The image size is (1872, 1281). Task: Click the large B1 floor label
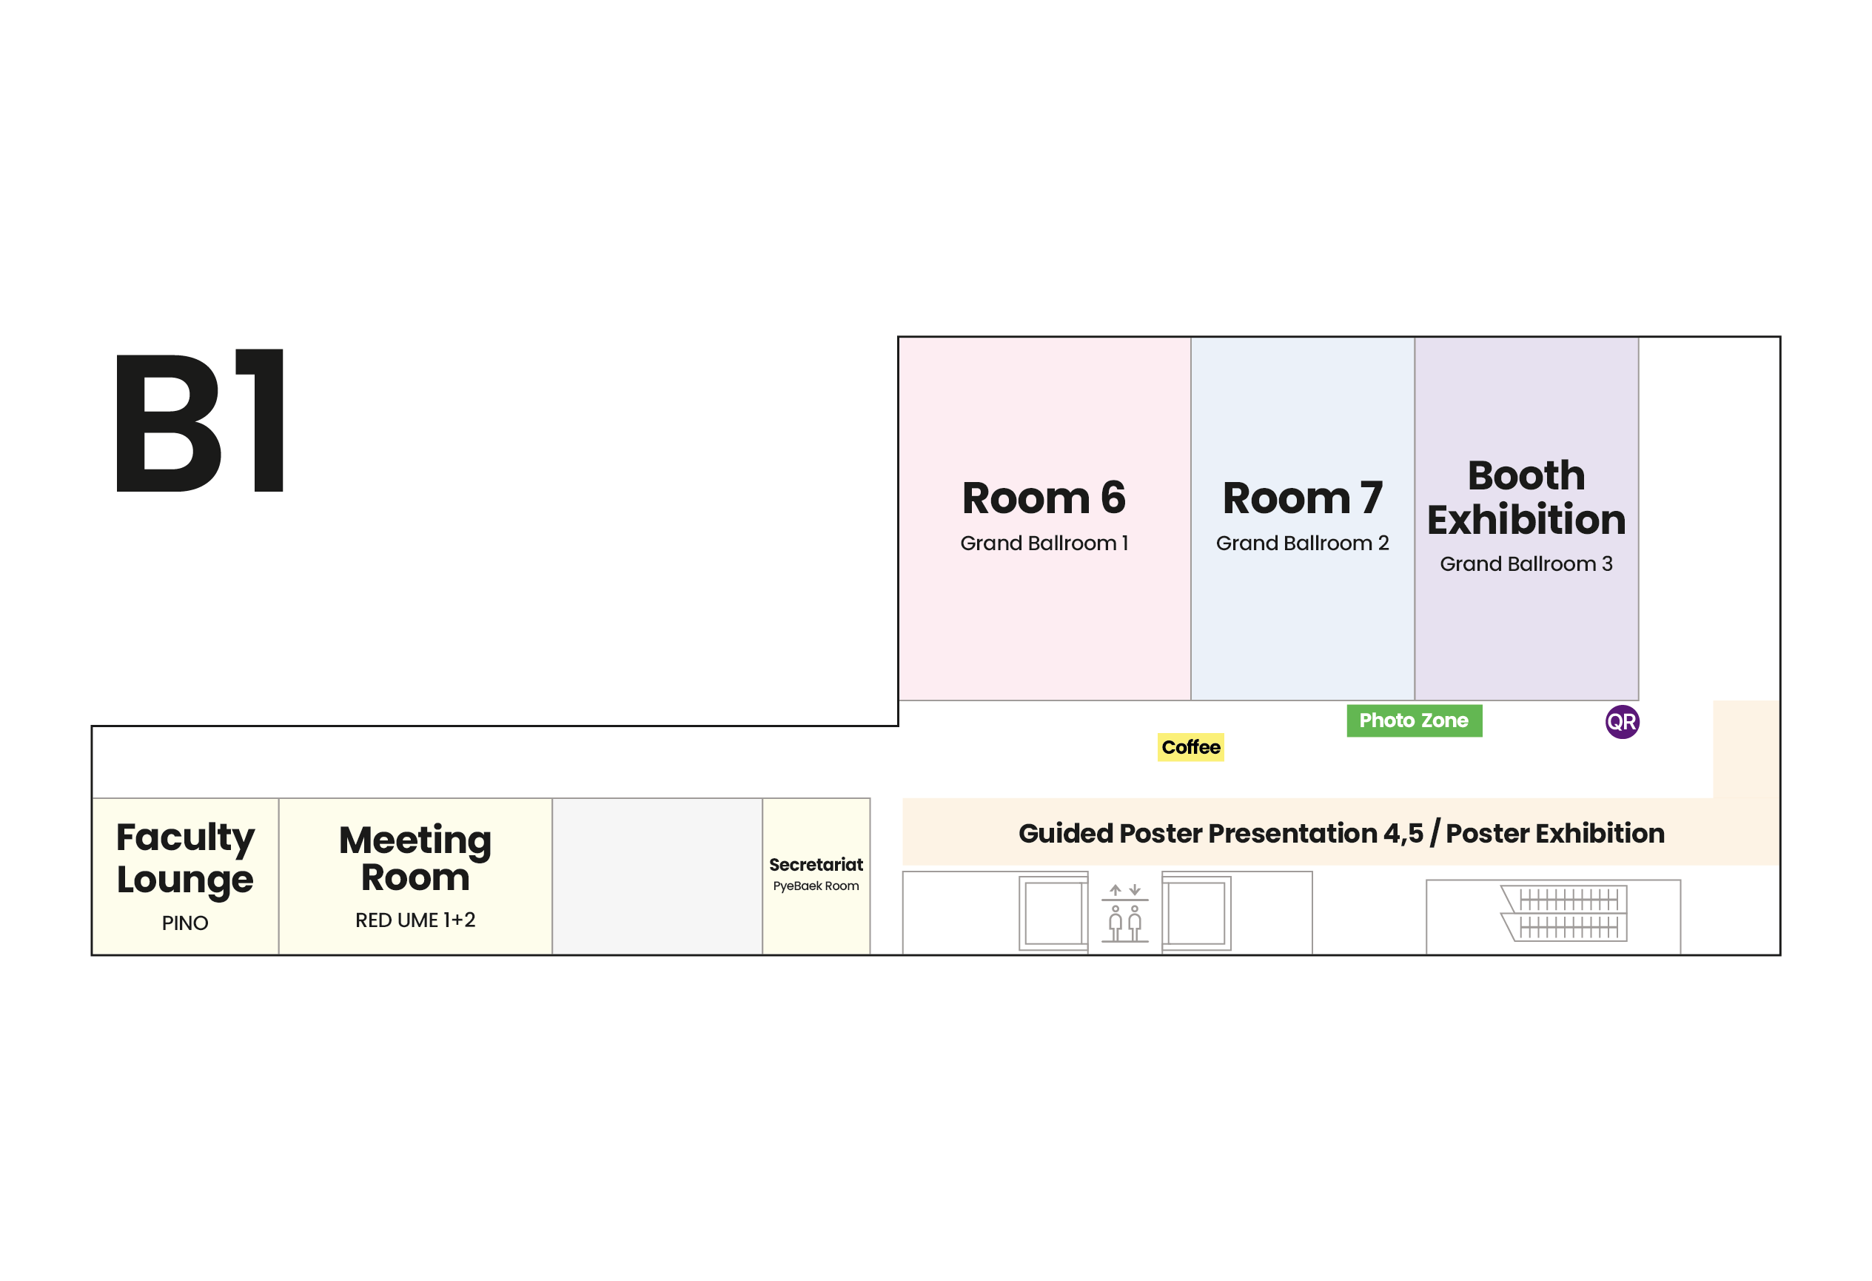tap(200, 421)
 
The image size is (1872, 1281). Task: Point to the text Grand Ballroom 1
tap(1044, 543)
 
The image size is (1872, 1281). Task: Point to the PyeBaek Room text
tap(816, 886)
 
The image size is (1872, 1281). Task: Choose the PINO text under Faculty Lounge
tap(185, 923)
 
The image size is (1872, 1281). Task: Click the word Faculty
tap(185, 838)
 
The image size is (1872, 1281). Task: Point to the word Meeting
tap(416, 841)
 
